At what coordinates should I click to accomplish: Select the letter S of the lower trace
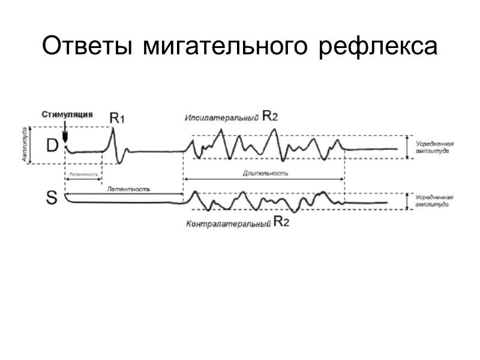[52, 197]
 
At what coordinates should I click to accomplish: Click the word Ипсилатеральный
[221, 118]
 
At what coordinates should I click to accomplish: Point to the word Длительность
[266, 173]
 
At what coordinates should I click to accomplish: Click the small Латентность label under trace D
[82, 174]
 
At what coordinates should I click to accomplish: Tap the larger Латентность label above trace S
[128, 188]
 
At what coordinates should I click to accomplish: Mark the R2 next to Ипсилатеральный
[270, 117]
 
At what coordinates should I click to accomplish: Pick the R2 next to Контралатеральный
[283, 223]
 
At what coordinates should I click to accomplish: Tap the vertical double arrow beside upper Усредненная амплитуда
[409, 147]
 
